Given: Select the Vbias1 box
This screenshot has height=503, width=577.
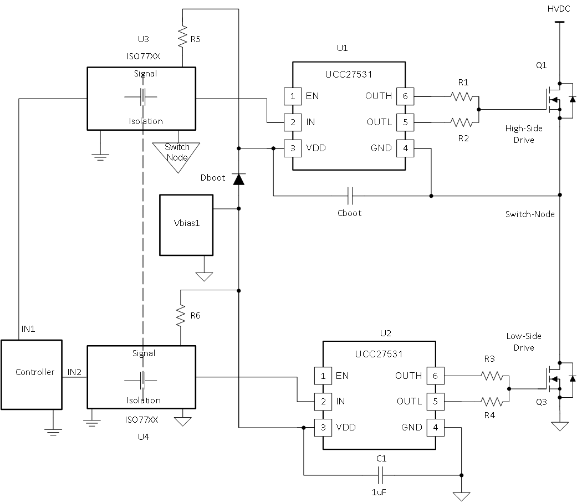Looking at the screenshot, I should pyautogui.click(x=186, y=225).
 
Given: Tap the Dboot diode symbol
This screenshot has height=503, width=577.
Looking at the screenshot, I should pyautogui.click(x=239, y=179).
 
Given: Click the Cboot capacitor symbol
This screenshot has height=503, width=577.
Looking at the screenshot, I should pyautogui.click(x=350, y=196).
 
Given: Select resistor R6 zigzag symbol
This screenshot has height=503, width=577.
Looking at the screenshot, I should pyautogui.click(x=181, y=316).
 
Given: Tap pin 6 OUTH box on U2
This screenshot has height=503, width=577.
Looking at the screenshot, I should pyautogui.click(x=435, y=376).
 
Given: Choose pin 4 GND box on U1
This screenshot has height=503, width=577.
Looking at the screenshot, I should pyautogui.click(x=405, y=148).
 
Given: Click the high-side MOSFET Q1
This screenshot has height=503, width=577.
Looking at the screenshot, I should pyautogui.click(x=555, y=100).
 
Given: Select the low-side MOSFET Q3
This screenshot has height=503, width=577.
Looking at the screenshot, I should pyautogui.click(x=555, y=379).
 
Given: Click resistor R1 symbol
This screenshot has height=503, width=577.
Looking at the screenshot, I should pyautogui.click(x=463, y=96).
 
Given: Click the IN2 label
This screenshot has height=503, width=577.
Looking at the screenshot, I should pyautogui.click(x=74, y=372).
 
